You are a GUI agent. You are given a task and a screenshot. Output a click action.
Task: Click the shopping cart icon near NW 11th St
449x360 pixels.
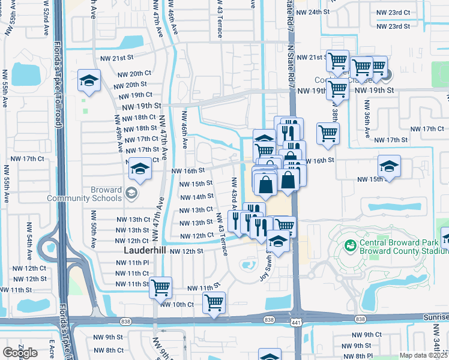click(x=160, y=288)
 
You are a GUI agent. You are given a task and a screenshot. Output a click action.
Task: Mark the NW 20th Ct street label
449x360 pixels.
click(x=134, y=74)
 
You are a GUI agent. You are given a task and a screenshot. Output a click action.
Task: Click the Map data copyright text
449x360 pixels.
click(x=423, y=355)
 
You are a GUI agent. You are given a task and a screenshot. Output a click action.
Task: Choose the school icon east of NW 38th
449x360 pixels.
click(x=389, y=167)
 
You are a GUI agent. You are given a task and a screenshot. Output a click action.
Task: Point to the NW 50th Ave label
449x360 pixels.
click(x=94, y=229)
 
